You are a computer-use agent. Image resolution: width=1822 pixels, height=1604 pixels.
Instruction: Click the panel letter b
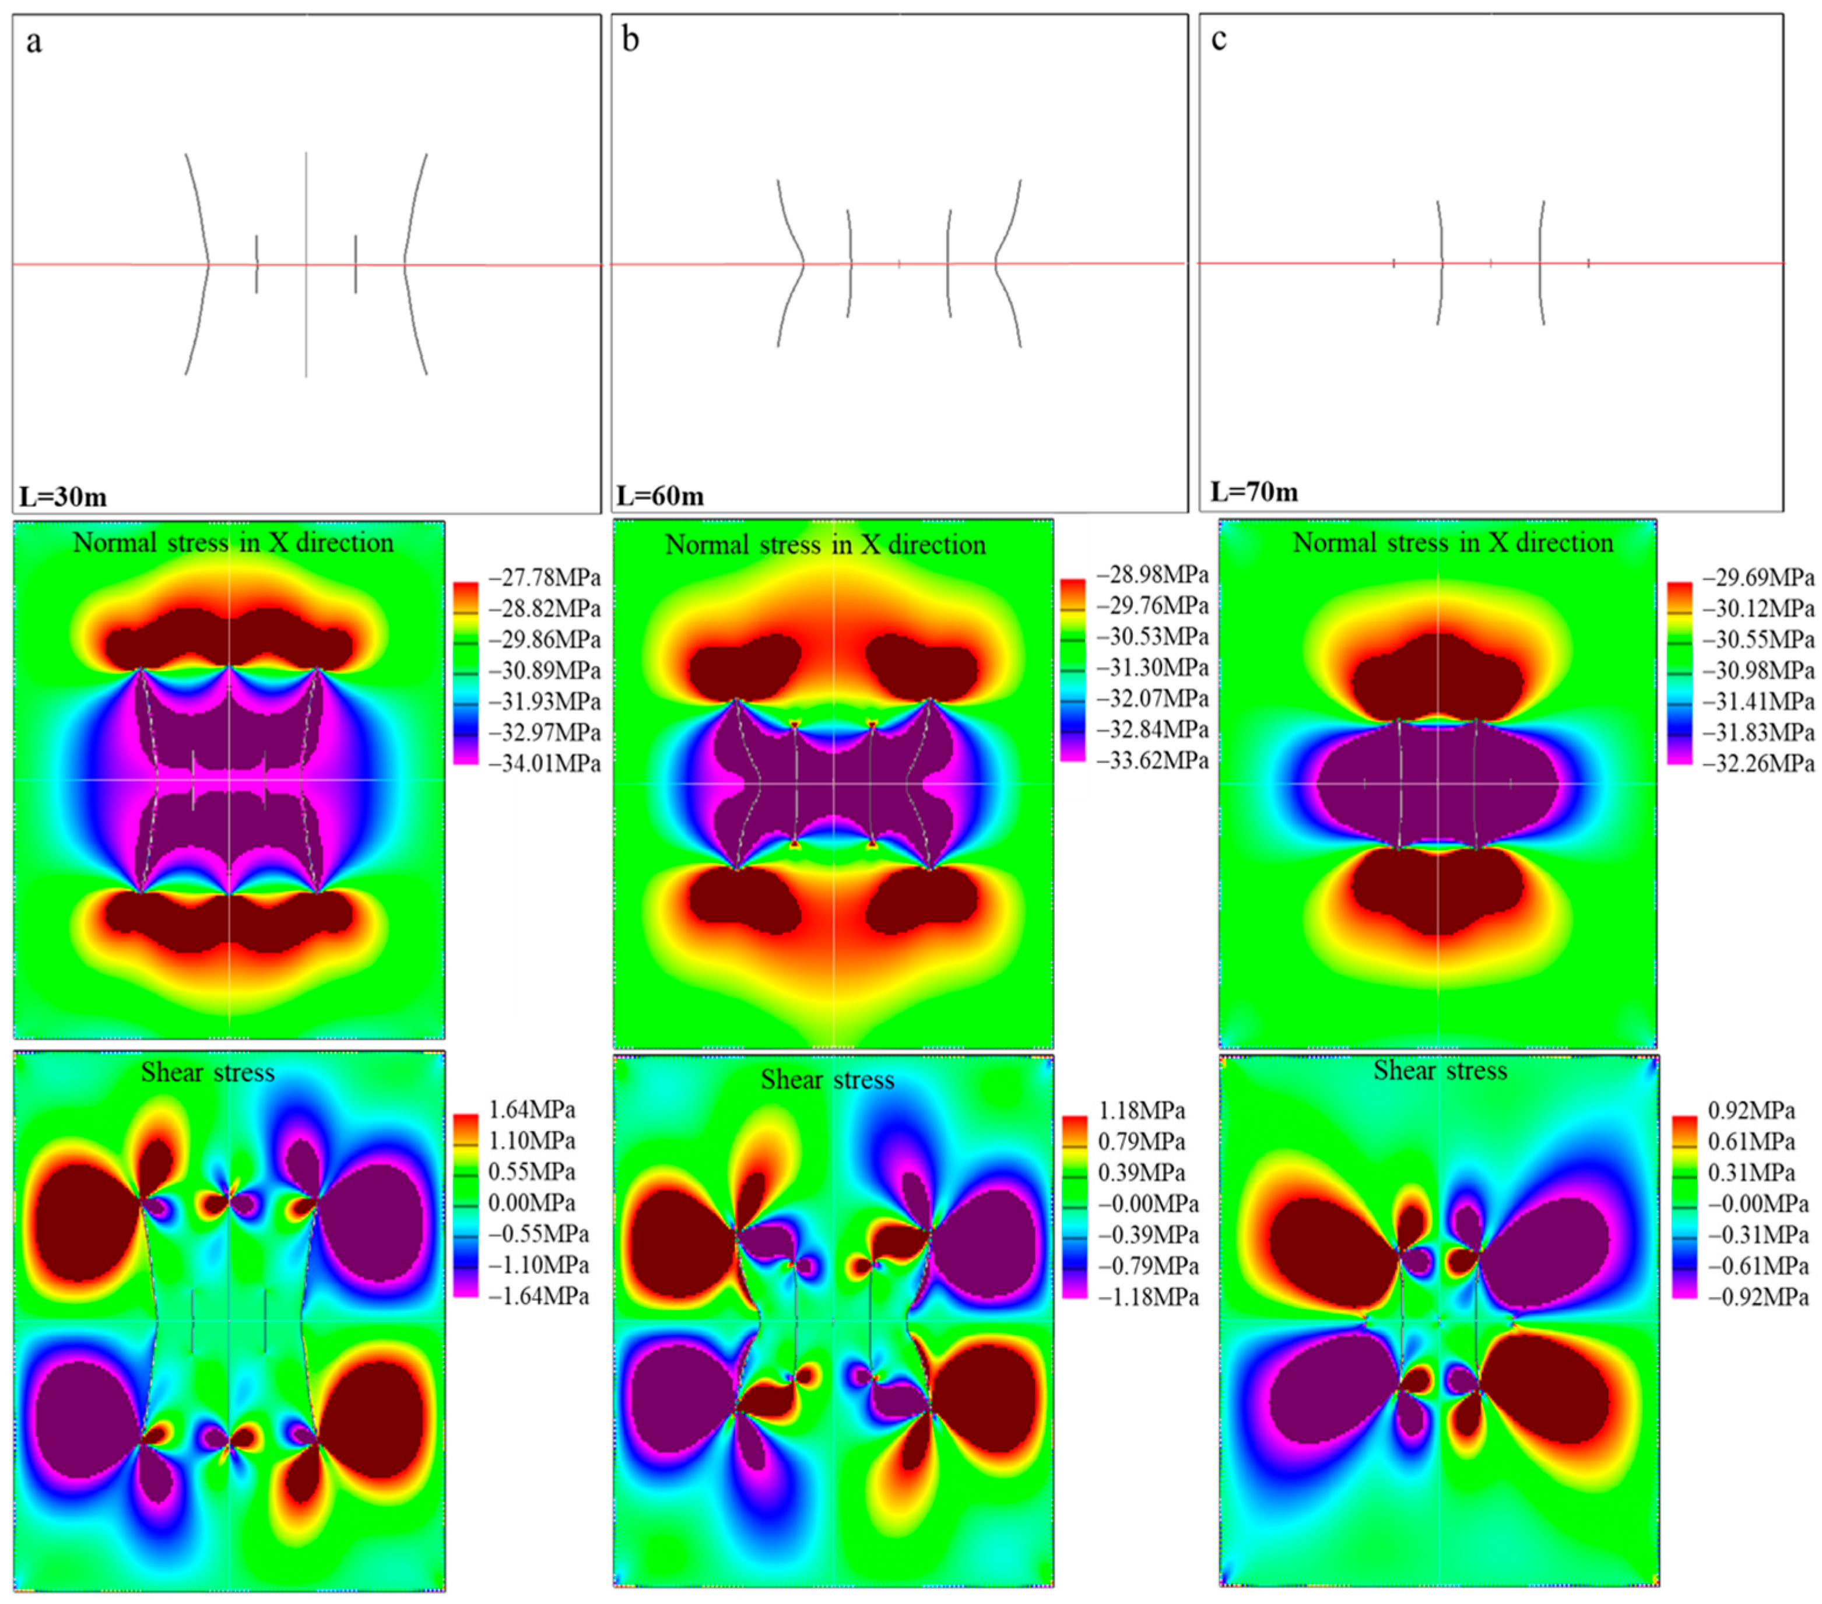pyautogui.click(x=630, y=40)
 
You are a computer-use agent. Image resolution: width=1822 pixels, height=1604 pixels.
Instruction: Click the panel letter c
pyautogui.click(x=1219, y=40)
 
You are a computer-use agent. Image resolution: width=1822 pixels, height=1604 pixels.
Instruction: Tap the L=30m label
pyautogui.click(x=64, y=497)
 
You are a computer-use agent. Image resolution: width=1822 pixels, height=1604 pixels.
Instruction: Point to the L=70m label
pyautogui.click(x=1254, y=492)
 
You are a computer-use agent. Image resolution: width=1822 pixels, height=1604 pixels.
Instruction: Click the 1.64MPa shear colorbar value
pyautogui.click(x=531, y=1110)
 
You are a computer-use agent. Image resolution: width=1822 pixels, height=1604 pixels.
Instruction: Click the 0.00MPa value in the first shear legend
pyautogui.click(x=531, y=1203)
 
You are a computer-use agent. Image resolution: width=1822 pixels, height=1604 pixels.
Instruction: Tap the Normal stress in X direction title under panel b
pyautogui.click(x=826, y=545)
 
